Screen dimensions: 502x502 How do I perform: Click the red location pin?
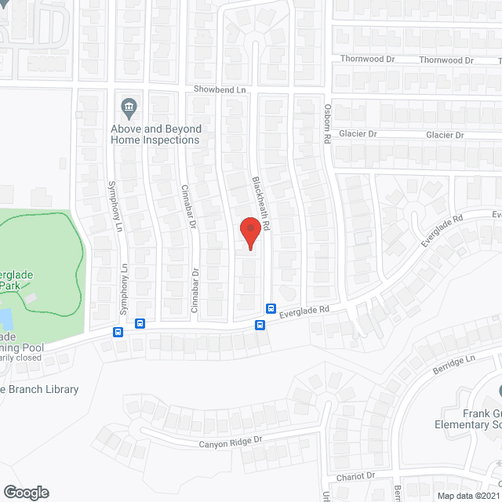(250, 233)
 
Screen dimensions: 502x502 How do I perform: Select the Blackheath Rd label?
(260, 202)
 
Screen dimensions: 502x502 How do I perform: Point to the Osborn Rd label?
(326, 125)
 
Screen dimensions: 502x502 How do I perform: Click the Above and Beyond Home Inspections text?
(155, 134)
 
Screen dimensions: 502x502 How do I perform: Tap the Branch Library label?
(41, 389)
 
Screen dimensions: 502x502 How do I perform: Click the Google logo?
(25, 492)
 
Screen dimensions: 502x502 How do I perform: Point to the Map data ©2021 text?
(468, 496)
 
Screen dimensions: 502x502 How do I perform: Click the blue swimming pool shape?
(5, 318)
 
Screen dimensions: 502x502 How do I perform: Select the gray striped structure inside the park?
(31, 299)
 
